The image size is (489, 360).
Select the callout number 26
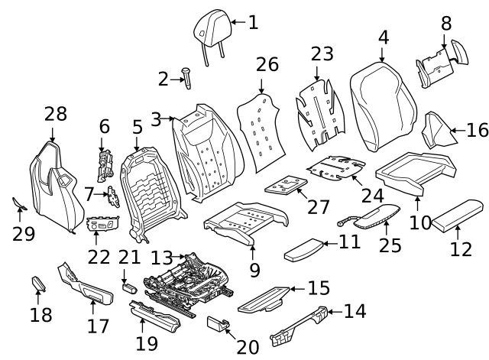pyautogui.click(x=267, y=64)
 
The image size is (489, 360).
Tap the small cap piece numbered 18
pyautogui.click(x=37, y=284)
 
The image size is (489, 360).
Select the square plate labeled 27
pyautogui.click(x=285, y=184)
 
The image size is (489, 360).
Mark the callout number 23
pyautogui.click(x=322, y=54)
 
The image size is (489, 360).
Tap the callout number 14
pyautogui.click(x=355, y=311)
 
